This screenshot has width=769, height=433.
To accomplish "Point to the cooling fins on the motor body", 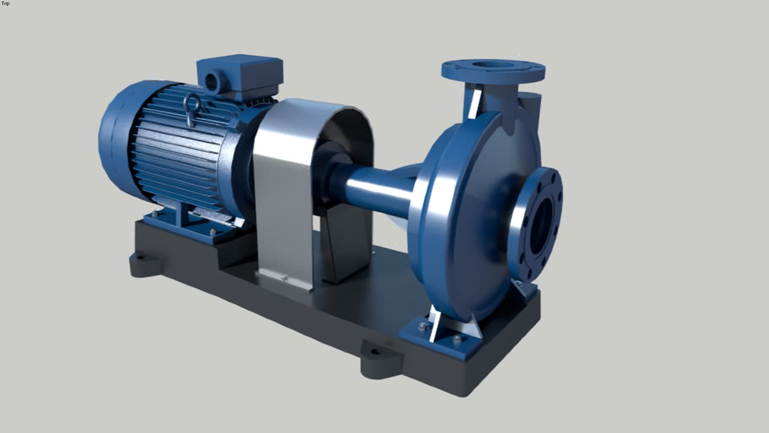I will [173, 156].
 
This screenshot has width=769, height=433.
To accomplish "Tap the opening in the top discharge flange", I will [493, 64].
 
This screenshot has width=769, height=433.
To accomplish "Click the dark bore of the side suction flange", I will [541, 223].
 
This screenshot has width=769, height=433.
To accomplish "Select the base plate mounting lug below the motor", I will [146, 263].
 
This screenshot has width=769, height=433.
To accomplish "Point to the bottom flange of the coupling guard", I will [283, 279].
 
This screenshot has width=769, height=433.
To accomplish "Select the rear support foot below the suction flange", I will [524, 291].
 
